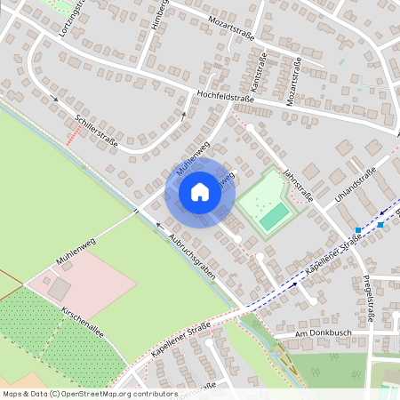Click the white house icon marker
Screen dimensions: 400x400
coord(199,191)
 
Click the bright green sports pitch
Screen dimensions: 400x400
coord(274,214)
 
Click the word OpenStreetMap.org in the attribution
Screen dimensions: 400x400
coord(111,394)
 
